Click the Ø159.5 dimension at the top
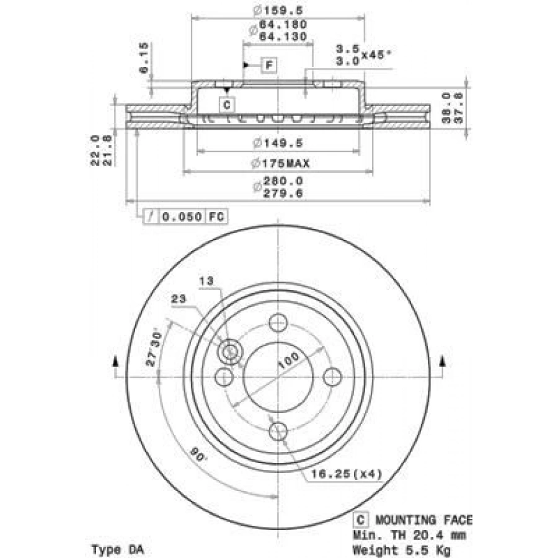[278, 10]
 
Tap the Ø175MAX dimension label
[280, 163]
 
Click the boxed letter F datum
[269, 65]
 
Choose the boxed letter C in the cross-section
[227, 105]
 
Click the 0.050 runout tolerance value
[182, 216]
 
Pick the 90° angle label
[198, 456]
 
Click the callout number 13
[207, 281]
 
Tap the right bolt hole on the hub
[333, 376]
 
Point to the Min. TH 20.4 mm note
[409, 535]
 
